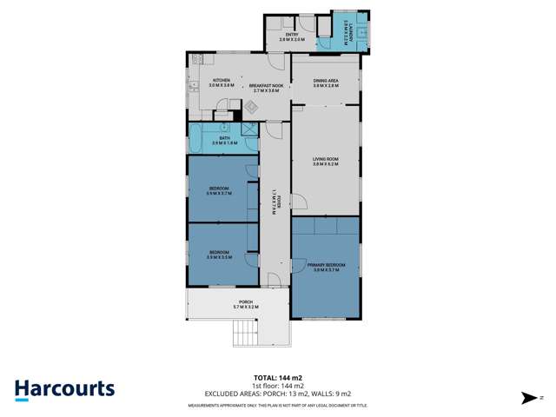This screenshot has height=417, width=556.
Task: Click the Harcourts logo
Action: [64, 389]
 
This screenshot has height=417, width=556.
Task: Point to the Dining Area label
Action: [326, 83]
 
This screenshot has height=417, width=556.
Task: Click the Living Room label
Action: [326, 161]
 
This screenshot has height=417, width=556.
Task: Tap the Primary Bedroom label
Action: [326, 267]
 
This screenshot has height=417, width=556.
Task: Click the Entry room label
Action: [292, 37]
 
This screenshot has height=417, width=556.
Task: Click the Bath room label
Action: [224, 140]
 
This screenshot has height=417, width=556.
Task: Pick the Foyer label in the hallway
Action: [274, 201]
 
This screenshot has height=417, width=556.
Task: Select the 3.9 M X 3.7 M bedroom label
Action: [219, 191]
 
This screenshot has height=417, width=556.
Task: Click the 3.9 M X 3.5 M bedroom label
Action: [219, 255]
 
